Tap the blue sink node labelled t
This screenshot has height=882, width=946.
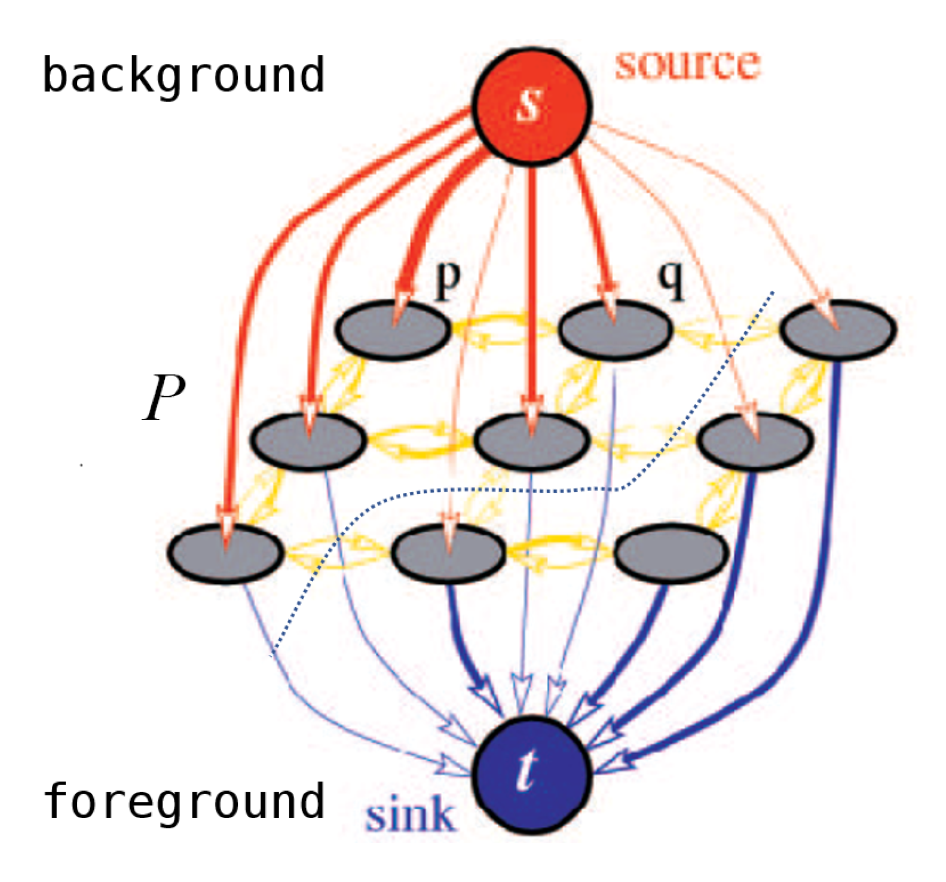coord(531,775)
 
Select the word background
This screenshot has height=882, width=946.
coord(183,76)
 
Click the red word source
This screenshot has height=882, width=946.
coord(687,65)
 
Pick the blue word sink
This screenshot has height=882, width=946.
coord(410,815)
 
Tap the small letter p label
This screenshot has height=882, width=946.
coord(448,279)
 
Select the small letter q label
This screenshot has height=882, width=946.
coord(671,279)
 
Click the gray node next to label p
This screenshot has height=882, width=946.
coord(393,330)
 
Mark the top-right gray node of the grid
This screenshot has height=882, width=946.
coord(838,330)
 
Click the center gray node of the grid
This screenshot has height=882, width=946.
coord(531,441)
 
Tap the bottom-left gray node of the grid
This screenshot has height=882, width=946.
coord(225,552)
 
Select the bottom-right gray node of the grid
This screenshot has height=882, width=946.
coord(671,552)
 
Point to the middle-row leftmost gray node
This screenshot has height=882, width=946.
coord(308,441)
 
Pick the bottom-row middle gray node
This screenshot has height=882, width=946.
coord(448,552)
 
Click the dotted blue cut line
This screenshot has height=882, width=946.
coord(538,490)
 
